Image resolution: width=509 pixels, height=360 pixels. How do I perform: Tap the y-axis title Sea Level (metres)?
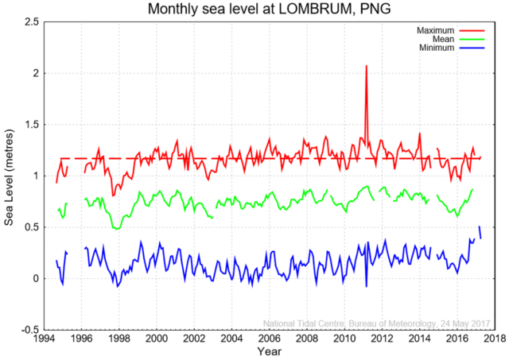click(x=10, y=176)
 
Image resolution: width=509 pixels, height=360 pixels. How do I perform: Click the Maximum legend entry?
click(x=433, y=30)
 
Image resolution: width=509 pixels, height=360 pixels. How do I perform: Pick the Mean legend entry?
click(x=440, y=39)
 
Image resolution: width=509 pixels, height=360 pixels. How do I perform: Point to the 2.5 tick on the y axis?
click(x=31, y=21)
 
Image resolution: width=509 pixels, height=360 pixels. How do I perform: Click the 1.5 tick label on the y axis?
click(x=31, y=125)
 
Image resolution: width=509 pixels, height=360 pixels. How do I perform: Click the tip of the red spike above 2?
click(x=366, y=65)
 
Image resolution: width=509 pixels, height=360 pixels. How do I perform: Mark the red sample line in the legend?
click(x=472, y=30)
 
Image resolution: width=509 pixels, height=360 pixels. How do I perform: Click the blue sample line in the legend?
click(x=472, y=48)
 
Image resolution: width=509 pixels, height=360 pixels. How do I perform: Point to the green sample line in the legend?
click(x=472, y=39)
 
